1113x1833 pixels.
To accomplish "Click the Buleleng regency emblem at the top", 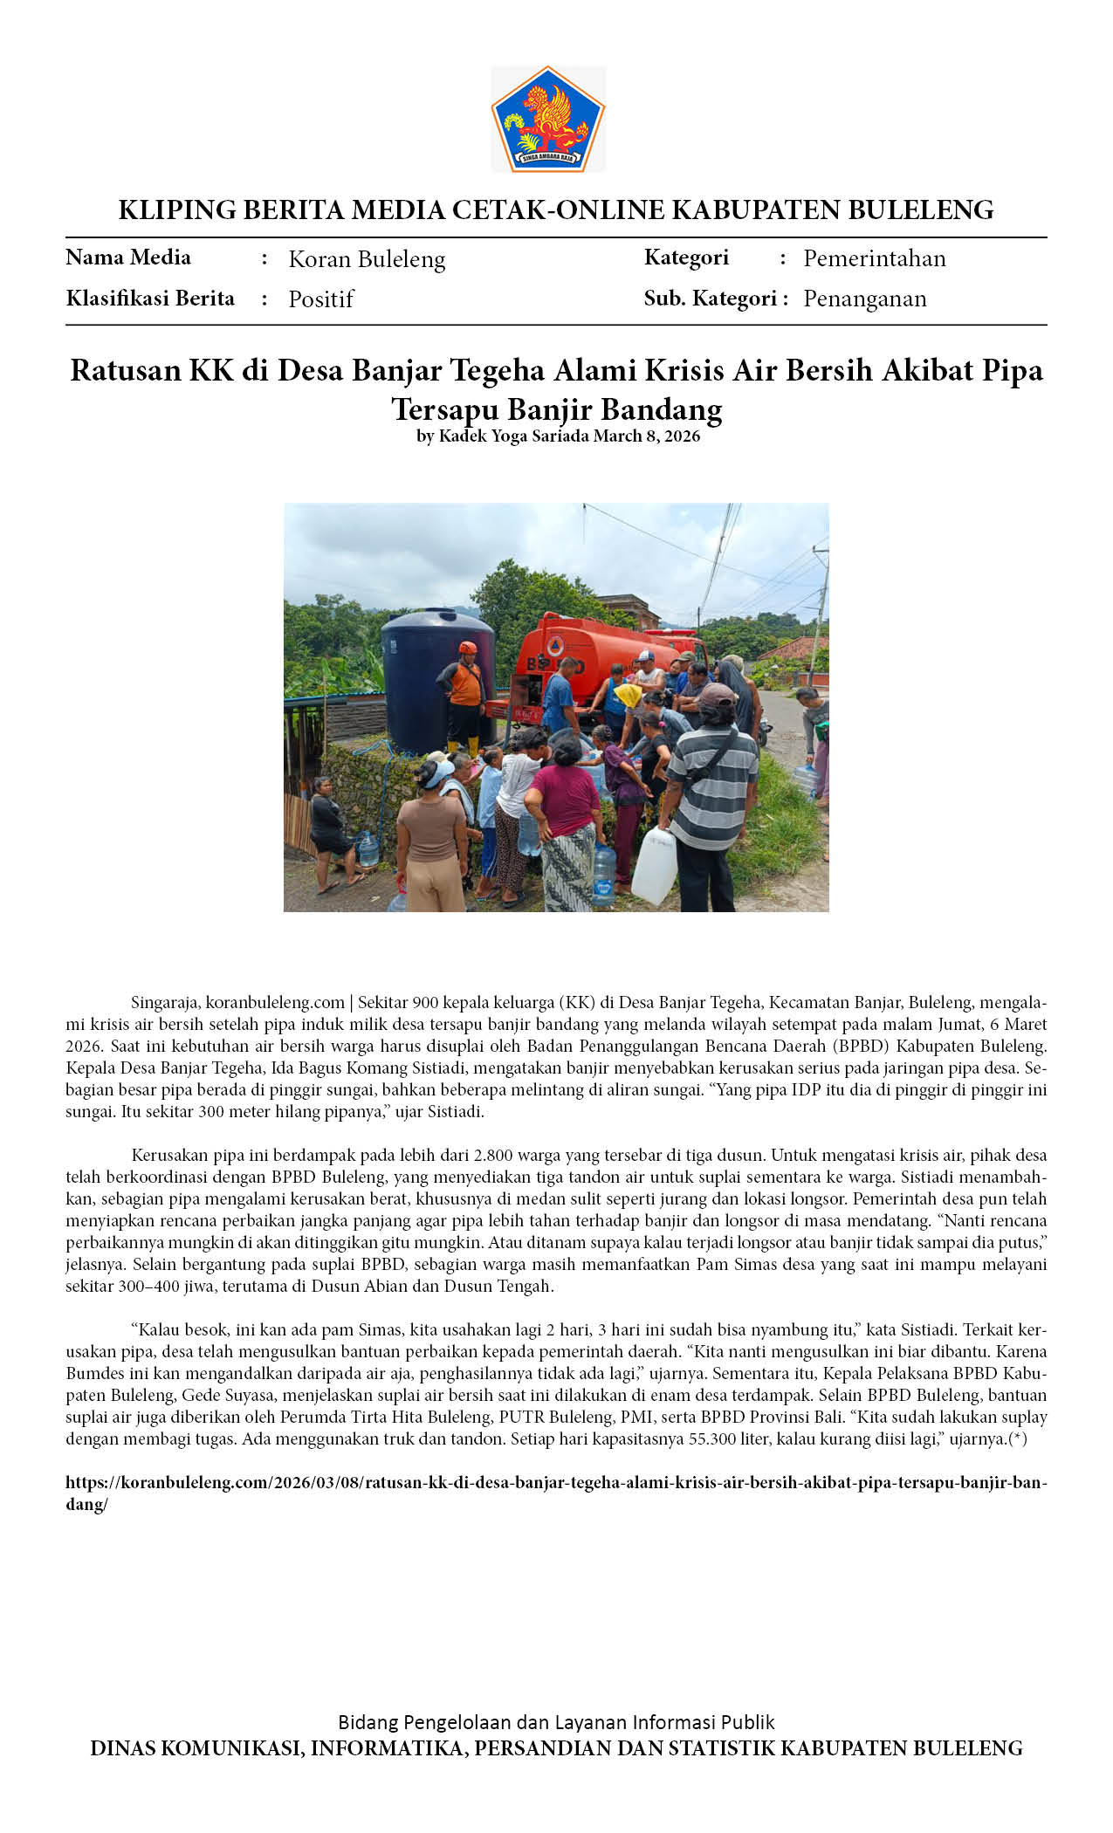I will [x=547, y=119].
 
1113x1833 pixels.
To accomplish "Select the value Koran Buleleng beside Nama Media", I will [x=367, y=259].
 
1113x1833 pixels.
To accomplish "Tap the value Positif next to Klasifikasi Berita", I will [x=320, y=299].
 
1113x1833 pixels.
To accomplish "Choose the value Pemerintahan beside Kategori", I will [x=874, y=258].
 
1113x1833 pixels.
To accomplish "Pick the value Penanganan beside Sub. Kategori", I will [x=864, y=299].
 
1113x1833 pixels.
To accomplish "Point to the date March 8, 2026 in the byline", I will [x=646, y=436].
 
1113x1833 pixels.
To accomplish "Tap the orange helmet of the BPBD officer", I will [x=468, y=648].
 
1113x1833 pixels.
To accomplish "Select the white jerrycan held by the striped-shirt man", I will [x=655, y=866].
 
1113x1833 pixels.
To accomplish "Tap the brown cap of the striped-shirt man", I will [x=717, y=696].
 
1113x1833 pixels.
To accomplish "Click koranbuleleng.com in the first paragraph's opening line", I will [x=275, y=1003].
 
